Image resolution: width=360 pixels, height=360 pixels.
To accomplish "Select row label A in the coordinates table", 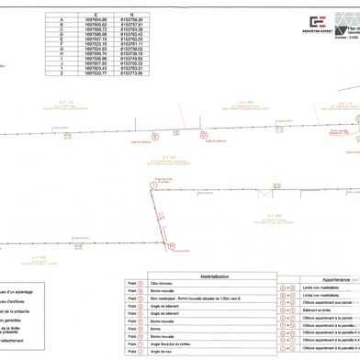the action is pos(62,17).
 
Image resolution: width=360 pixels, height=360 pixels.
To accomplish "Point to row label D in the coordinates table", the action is pos(62,34).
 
